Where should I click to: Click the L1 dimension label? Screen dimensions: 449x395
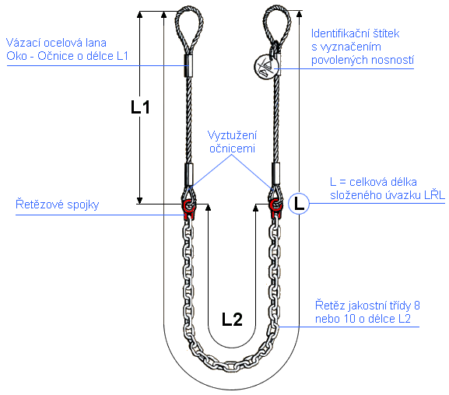pos(140,107)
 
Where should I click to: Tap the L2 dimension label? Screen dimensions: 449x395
pos(232,319)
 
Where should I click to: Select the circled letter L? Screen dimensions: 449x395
pos(299,204)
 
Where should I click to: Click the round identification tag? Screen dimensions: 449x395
pos(265,66)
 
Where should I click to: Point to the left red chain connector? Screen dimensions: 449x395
pos(189,210)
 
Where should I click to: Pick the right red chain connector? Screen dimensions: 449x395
pos(275,209)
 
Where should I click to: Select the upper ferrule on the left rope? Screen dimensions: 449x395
pos(188,65)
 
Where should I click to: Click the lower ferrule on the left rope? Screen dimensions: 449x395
pos(189,175)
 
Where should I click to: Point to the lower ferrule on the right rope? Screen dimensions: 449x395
pos(275,173)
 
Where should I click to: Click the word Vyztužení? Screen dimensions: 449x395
pos(232,135)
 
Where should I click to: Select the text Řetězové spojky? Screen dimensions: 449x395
pos(58,204)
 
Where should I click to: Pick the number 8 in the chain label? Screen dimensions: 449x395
pos(417,306)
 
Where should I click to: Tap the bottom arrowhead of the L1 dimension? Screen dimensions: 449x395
pos(139,200)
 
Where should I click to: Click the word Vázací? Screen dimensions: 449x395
pos(23,43)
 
